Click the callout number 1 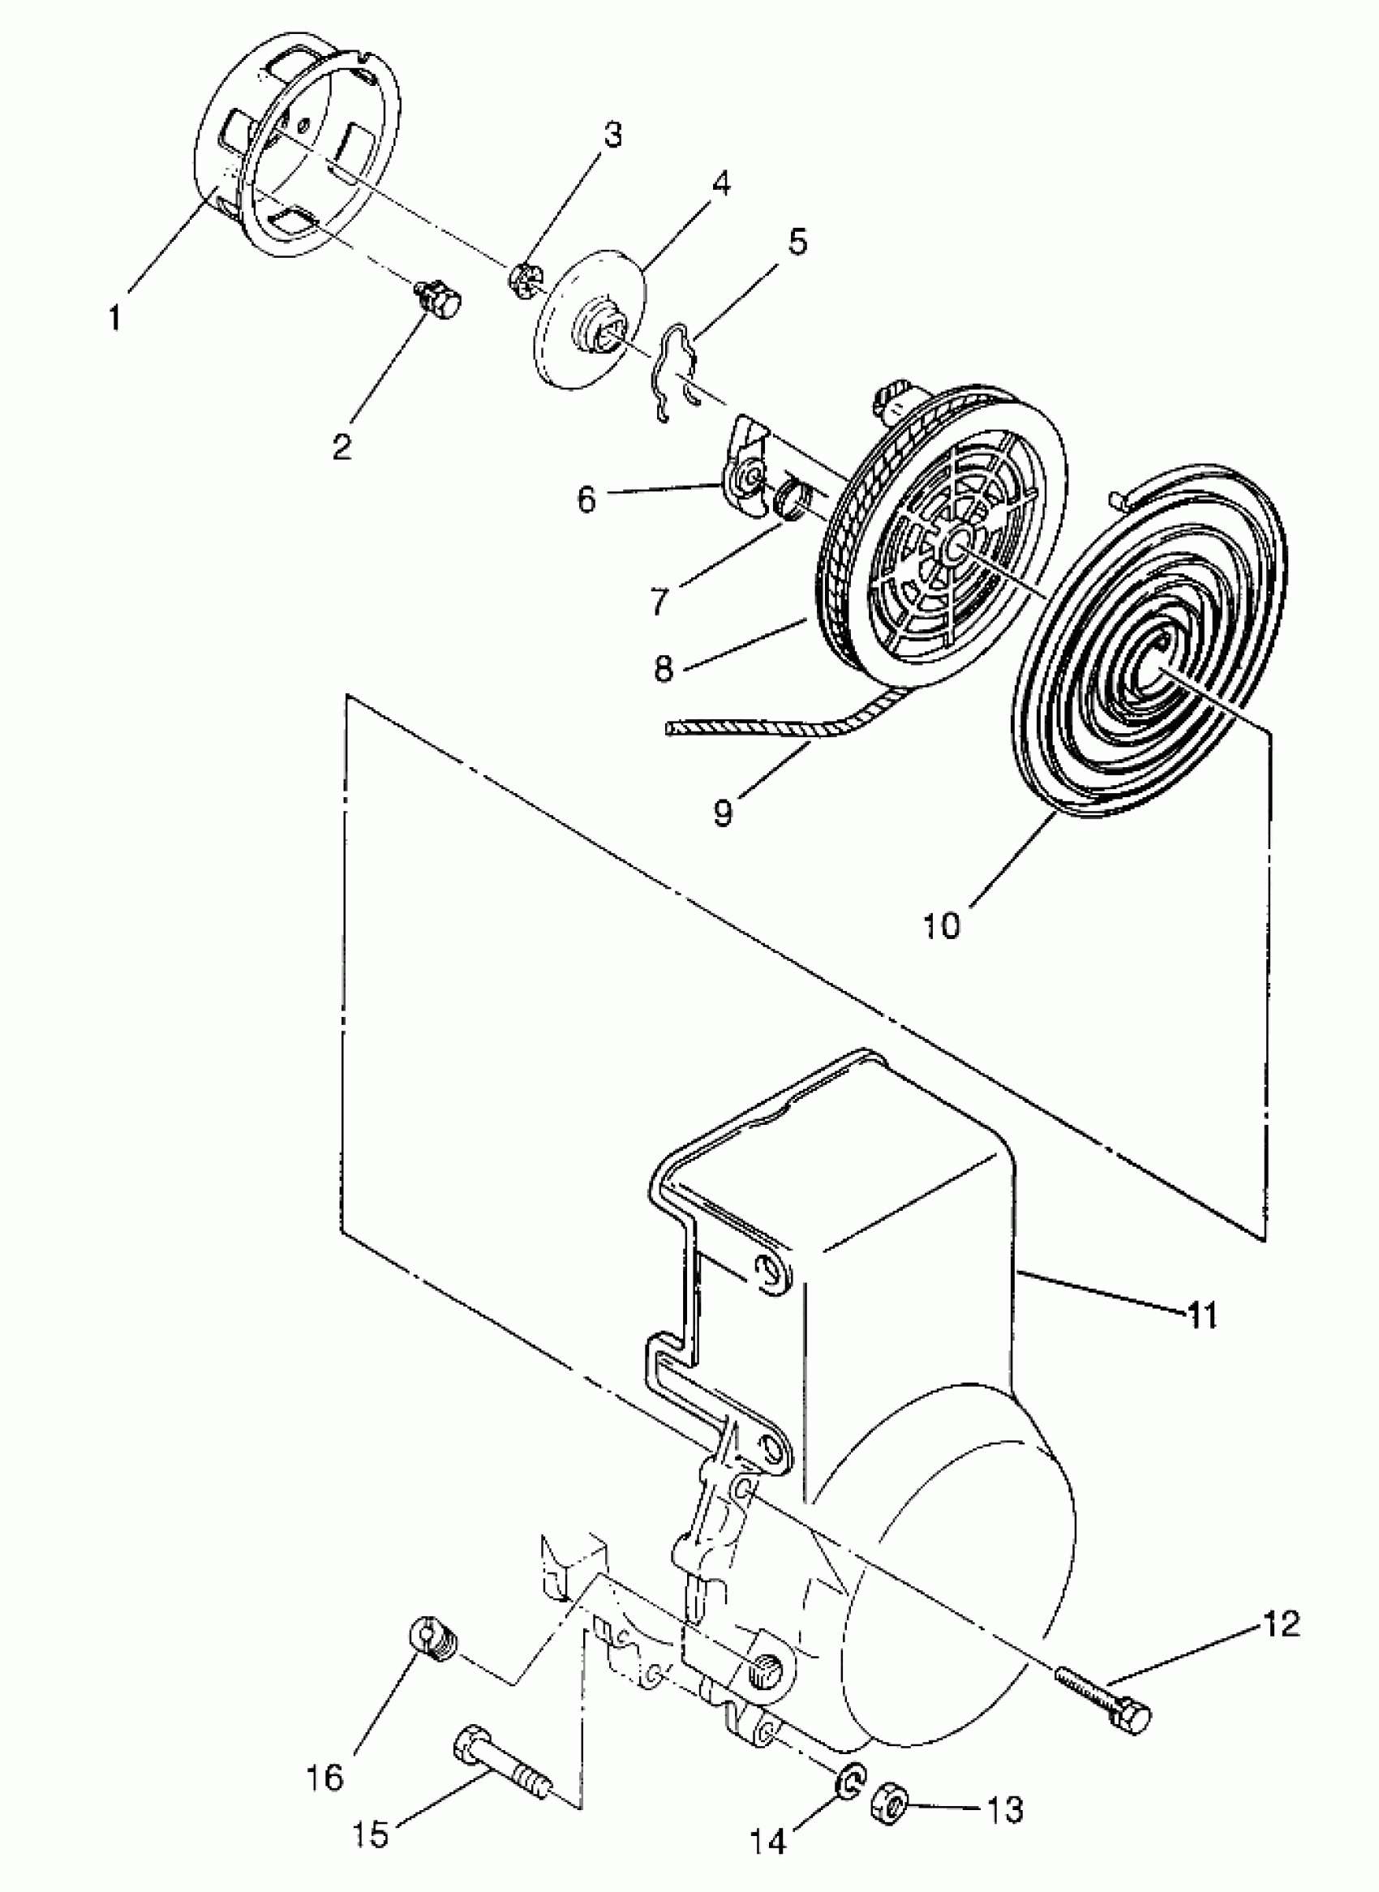coord(114,317)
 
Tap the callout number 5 coord(797,242)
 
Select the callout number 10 coord(942,925)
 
